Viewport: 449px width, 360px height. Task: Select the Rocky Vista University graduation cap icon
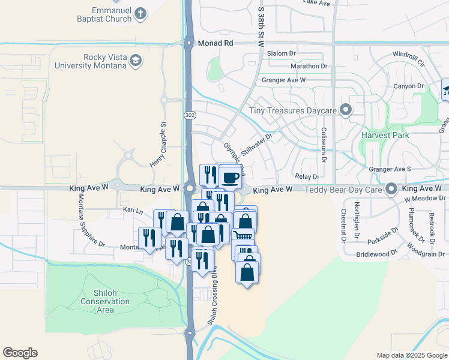click(x=136, y=61)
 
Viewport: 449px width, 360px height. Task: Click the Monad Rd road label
click(x=211, y=44)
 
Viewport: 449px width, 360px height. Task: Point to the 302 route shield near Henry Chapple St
click(x=190, y=115)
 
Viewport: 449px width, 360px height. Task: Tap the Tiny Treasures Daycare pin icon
click(x=345, y=110)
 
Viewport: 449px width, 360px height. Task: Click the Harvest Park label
click(x=385, y=135)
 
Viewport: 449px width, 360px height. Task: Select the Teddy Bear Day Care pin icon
click(x=391, y=189)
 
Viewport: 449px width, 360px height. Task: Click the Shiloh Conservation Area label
click(x=97, y=298)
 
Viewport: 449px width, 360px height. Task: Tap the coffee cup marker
click(x=230, y=177)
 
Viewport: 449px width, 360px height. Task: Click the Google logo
click(x=20, y=353)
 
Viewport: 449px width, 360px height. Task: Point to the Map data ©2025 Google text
click(x=411, y=355)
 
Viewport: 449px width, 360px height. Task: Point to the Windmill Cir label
click(x=408, y=59)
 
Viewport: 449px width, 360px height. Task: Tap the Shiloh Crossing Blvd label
click(x=211, y=302)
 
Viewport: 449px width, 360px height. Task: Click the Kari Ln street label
click(x=133, y=211)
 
